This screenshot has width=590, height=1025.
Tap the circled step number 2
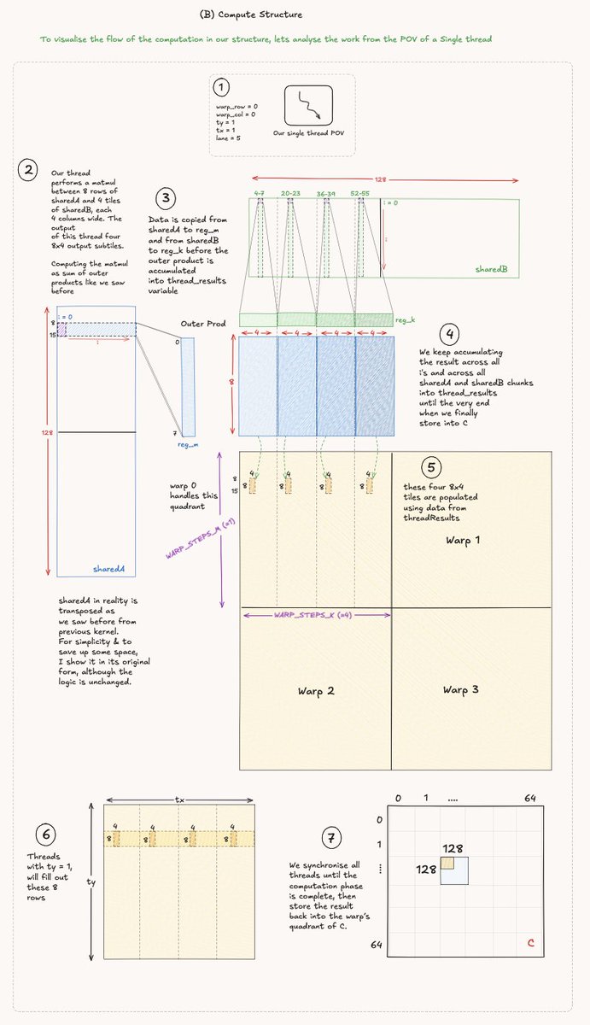30,170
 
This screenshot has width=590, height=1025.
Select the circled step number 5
432,467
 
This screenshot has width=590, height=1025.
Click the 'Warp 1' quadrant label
464,541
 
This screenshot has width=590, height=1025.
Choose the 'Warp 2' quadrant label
315,690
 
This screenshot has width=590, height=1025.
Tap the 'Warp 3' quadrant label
464,688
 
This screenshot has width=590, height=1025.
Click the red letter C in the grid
530,943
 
